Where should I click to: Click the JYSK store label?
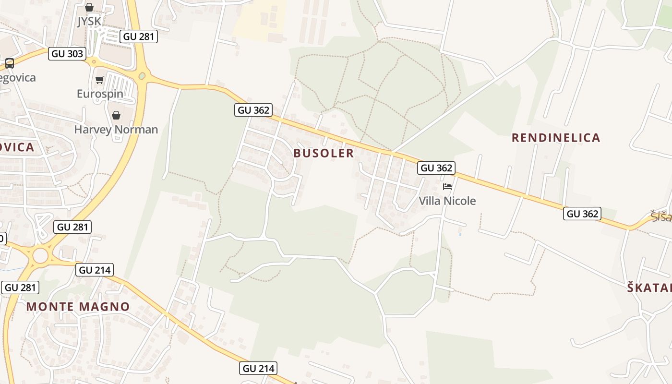[x=89, y=22]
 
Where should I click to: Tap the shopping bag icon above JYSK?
[x=89, y=7]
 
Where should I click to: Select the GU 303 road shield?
[x=67, y=54]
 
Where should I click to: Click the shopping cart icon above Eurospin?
[x=100, y=80]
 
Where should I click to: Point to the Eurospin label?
[x=100, y=94]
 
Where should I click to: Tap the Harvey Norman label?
[x=116, y=130]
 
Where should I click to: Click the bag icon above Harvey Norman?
[x=116, y=115]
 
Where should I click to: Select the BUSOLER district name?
[x=324, y=153]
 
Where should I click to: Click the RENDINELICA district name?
[x=556, y=138]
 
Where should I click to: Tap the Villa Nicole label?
[x=447, y=201]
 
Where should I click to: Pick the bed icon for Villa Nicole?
[x=447, y=186]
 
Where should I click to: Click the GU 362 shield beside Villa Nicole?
[x=436, y=168]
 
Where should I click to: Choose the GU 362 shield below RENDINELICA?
[x=582, y=214]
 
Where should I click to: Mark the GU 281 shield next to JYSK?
[x=139, y=36]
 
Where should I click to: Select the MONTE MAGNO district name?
[x=78, y=307]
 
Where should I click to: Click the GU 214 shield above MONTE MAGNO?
[x=95, y=270]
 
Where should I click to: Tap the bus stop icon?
[x=9, y=63]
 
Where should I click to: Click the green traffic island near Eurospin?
[x=142, y=76]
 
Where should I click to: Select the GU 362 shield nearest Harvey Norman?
[x=254, y=110]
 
